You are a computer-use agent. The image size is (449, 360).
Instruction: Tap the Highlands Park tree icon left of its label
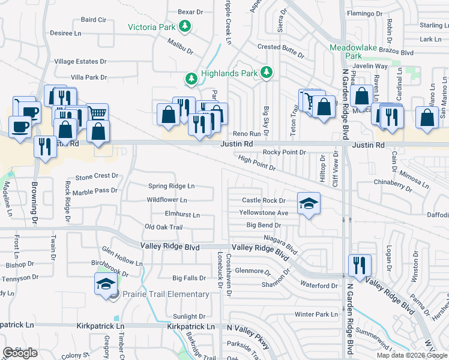click(x=191, y=78)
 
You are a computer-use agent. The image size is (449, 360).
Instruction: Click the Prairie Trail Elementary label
click(x=166, y=294)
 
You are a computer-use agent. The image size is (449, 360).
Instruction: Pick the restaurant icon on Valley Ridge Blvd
click(x=360, y=264)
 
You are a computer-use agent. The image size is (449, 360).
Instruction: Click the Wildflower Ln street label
click(x=167, y=200)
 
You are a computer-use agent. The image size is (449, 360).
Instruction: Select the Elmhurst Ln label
click(x=182, y=214)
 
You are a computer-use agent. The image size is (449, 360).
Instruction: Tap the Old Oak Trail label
click(x=163, y=227)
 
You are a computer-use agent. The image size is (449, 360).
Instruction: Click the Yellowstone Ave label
click(x=264, y=213)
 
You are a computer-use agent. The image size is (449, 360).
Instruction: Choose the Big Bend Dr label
click(x=264, y=226)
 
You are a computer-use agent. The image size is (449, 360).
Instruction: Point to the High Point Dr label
click(x=256, y=163)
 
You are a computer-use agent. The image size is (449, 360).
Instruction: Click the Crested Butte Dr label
click(x=281, y=47)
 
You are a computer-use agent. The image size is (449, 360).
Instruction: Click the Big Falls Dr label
click(x=189, y=278)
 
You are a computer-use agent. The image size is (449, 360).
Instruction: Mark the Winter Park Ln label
click(x=316, y=314)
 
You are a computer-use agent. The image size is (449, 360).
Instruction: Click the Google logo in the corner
click(x=20, y=353)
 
